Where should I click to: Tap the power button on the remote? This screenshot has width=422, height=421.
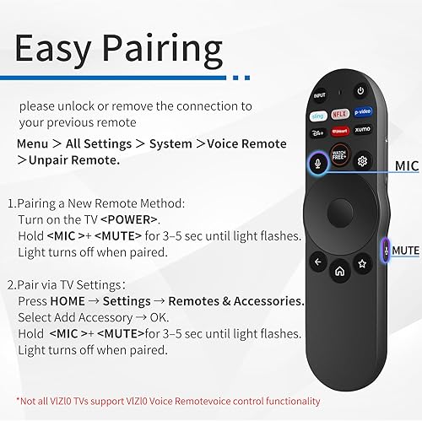pyautogui.click(x=360, y=91)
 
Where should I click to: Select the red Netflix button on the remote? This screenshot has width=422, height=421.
pyautogui.click(x=339, y=113)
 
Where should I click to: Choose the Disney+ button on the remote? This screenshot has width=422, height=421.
pyautogui.click(x=318, y=133)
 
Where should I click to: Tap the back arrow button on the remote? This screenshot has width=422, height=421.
pyautogui.click(x=318, y=262)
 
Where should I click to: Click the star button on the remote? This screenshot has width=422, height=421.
pyautogui.click(x=362, y=262)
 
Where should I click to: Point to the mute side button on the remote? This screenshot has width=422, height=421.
pyautogui.click(x=387, y=250)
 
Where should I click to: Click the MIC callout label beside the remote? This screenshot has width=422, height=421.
pyautogui.click(x=407, y=166)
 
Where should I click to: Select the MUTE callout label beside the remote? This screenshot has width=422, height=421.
pyautogui.click(x=405, y=251)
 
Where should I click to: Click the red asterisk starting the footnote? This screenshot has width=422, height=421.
pyautogui.click(x=19, y=402)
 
